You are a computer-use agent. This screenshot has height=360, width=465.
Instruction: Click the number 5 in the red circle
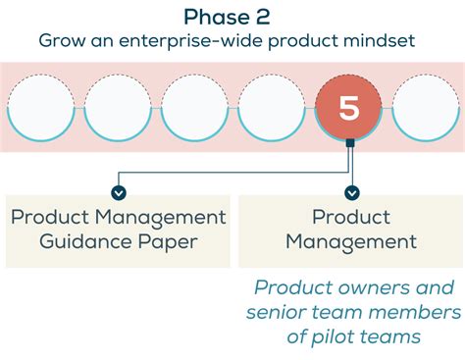click(350, 108)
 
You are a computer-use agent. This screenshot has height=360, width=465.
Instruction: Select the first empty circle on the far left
click(39, 109)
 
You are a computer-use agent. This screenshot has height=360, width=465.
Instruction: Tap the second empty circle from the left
click(117, 109)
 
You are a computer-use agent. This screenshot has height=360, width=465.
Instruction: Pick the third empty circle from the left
click(194, 109)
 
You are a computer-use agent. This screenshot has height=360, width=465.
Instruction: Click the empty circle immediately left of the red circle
click(272, 109)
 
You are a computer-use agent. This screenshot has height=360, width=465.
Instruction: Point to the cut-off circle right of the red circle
click(428, 109)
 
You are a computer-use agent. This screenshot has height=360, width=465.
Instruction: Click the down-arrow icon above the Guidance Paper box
click(119, 192)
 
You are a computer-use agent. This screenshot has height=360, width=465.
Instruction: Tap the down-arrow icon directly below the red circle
click(352, 192)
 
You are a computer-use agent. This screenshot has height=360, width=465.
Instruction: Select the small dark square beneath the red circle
click(350, 144)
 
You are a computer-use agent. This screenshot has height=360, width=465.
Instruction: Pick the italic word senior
click(279, 312)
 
